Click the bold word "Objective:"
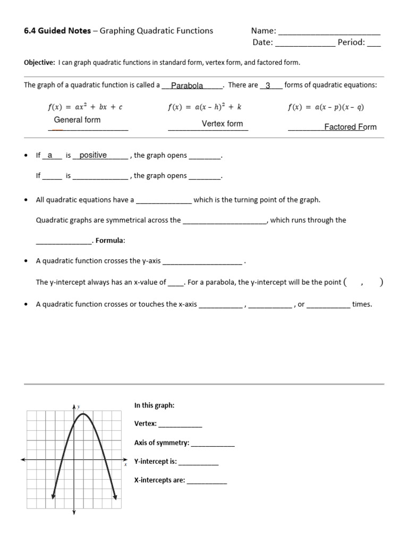39,63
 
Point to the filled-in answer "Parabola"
187,86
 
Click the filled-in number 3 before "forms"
268,86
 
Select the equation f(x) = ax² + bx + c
85,107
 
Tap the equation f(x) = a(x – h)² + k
205,107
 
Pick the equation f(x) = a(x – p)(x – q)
326,107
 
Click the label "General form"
77,120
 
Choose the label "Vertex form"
222,124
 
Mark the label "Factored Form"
350,127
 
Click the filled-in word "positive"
93,155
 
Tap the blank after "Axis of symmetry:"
212,444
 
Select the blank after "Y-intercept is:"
198,462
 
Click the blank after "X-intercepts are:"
207,481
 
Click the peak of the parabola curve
83,414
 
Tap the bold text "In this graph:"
154,405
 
